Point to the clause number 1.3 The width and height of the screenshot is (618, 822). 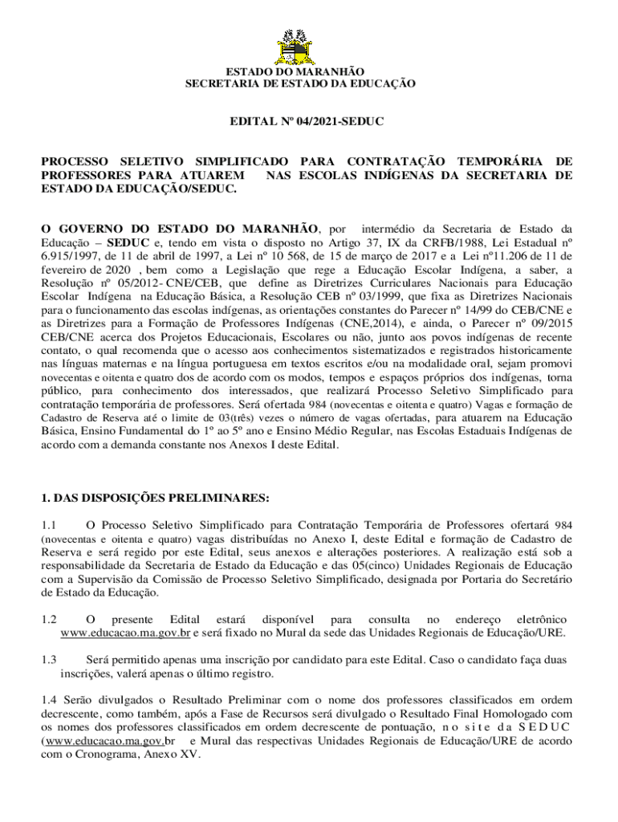tap(49, 659)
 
